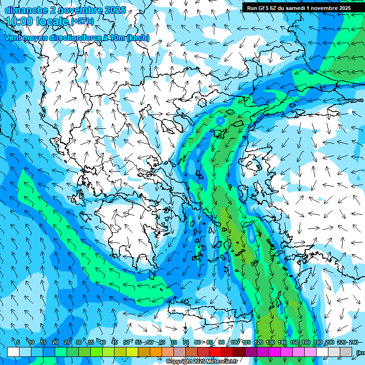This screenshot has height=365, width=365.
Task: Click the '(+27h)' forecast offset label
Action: point(82,21)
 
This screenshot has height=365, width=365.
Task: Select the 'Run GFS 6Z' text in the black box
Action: point(262,8)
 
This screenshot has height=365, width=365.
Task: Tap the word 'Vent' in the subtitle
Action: point(14,38)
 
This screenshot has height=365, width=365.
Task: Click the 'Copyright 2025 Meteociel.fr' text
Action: point(202,362)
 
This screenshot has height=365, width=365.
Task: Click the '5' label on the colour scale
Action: point(18,342)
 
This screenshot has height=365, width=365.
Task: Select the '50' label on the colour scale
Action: point(126,342)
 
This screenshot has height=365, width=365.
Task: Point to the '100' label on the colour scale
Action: point(234,342)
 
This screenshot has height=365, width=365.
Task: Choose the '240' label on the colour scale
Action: point(353,342)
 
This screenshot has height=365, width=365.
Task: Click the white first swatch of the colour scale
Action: point(13,352)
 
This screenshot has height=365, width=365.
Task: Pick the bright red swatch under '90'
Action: point(215,352)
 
